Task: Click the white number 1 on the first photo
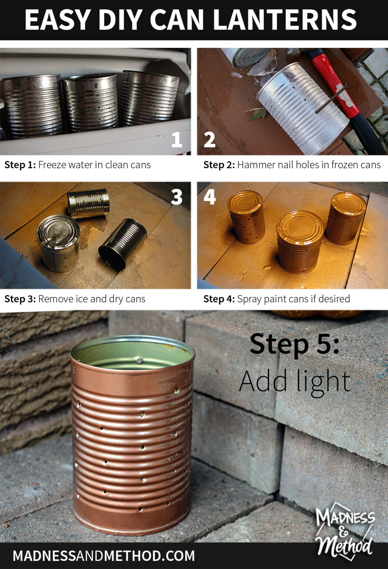(x=177, y=139)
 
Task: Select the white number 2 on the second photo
(x=209, y=139)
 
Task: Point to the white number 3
(x=177, y=197)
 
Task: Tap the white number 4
(x=210, y=197)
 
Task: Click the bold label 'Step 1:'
(x=20, y=165)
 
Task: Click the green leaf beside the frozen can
(x=258, y=113)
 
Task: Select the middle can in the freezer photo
(x=90, y=102)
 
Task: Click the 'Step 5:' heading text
(x=294, y=344)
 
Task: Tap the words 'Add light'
(x=294, y=382)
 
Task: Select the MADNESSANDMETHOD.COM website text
(x=104, y=556)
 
